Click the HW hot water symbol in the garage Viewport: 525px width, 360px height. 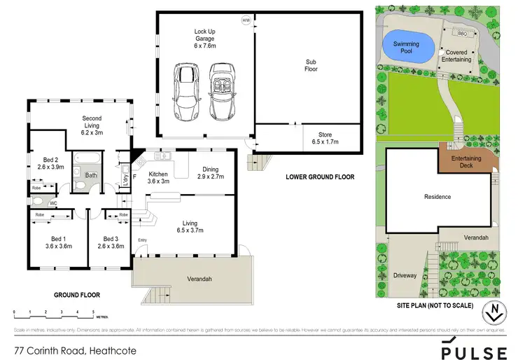pyautogui.click(x=246, y=20)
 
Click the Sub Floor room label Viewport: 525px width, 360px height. pyautogui.click(x=309, y=66)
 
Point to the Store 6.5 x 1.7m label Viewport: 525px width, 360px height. pyautogui.click(x=325, y=138)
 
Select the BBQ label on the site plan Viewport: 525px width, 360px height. pyautogui.click(x=462, y=33)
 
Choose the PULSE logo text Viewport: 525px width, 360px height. pyautogui.click(x=474, y=352)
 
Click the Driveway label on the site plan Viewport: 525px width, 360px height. pyautogui.click(x=405, y=275)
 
